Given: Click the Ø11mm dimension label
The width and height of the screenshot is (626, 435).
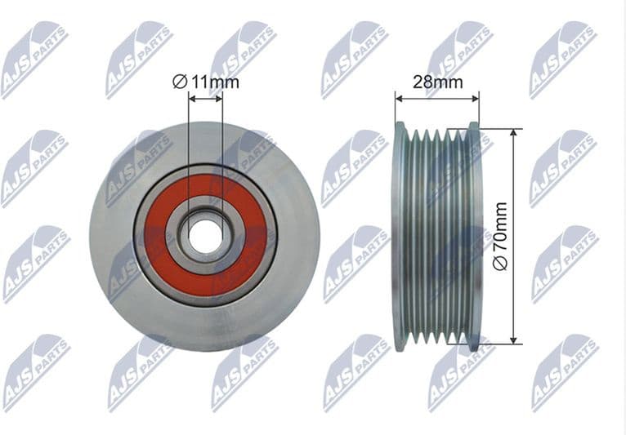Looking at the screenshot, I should coord(205,81).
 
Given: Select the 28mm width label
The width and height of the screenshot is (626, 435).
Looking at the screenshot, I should coord(437,82).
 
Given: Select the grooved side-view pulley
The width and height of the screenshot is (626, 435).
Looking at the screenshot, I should coord(437,237).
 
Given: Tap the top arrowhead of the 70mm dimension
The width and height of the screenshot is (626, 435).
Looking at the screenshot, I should coord(512,131).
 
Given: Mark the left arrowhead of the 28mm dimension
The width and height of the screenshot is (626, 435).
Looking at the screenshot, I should coord(399,98).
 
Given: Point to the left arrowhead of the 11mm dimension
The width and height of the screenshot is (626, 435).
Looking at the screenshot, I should coord(191,98).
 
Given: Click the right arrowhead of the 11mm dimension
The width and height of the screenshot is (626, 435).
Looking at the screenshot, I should coord(220,98).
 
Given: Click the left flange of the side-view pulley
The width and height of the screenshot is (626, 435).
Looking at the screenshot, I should coord(400,237).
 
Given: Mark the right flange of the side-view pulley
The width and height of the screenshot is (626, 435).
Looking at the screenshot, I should coord(475,237).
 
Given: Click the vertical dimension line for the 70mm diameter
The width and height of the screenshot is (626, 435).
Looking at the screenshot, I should coord(512,188).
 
